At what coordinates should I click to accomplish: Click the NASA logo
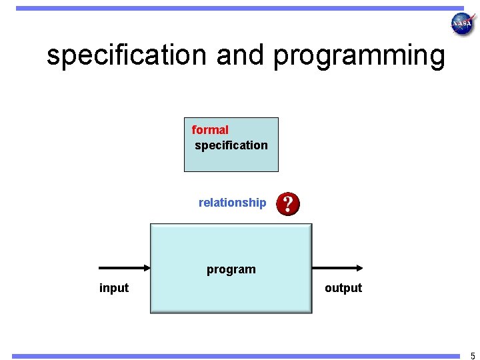tap(462, 24)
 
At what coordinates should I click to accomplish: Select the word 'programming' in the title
tap(359, 56)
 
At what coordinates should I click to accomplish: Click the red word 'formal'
tap(210, 130)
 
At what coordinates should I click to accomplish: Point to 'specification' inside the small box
tap(231, 145)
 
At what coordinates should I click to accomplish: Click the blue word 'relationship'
tap(232, 203)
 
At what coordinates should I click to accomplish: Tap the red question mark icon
tap(288, 203)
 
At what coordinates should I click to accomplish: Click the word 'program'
tap(231, 269)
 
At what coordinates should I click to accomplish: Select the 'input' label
tap(114, 288)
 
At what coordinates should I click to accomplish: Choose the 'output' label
tap(343, 288)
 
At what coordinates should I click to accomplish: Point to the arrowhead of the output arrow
tap(359, 268)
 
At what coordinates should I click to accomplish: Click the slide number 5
tap(473, 355)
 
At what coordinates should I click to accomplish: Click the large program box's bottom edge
tap(231, 311)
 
